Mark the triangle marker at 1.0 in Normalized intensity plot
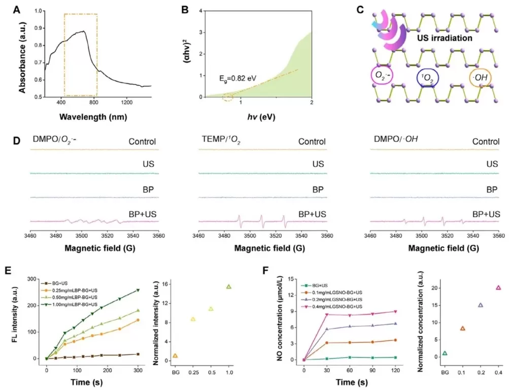(229, 287)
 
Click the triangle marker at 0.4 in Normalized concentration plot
(498, 288)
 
